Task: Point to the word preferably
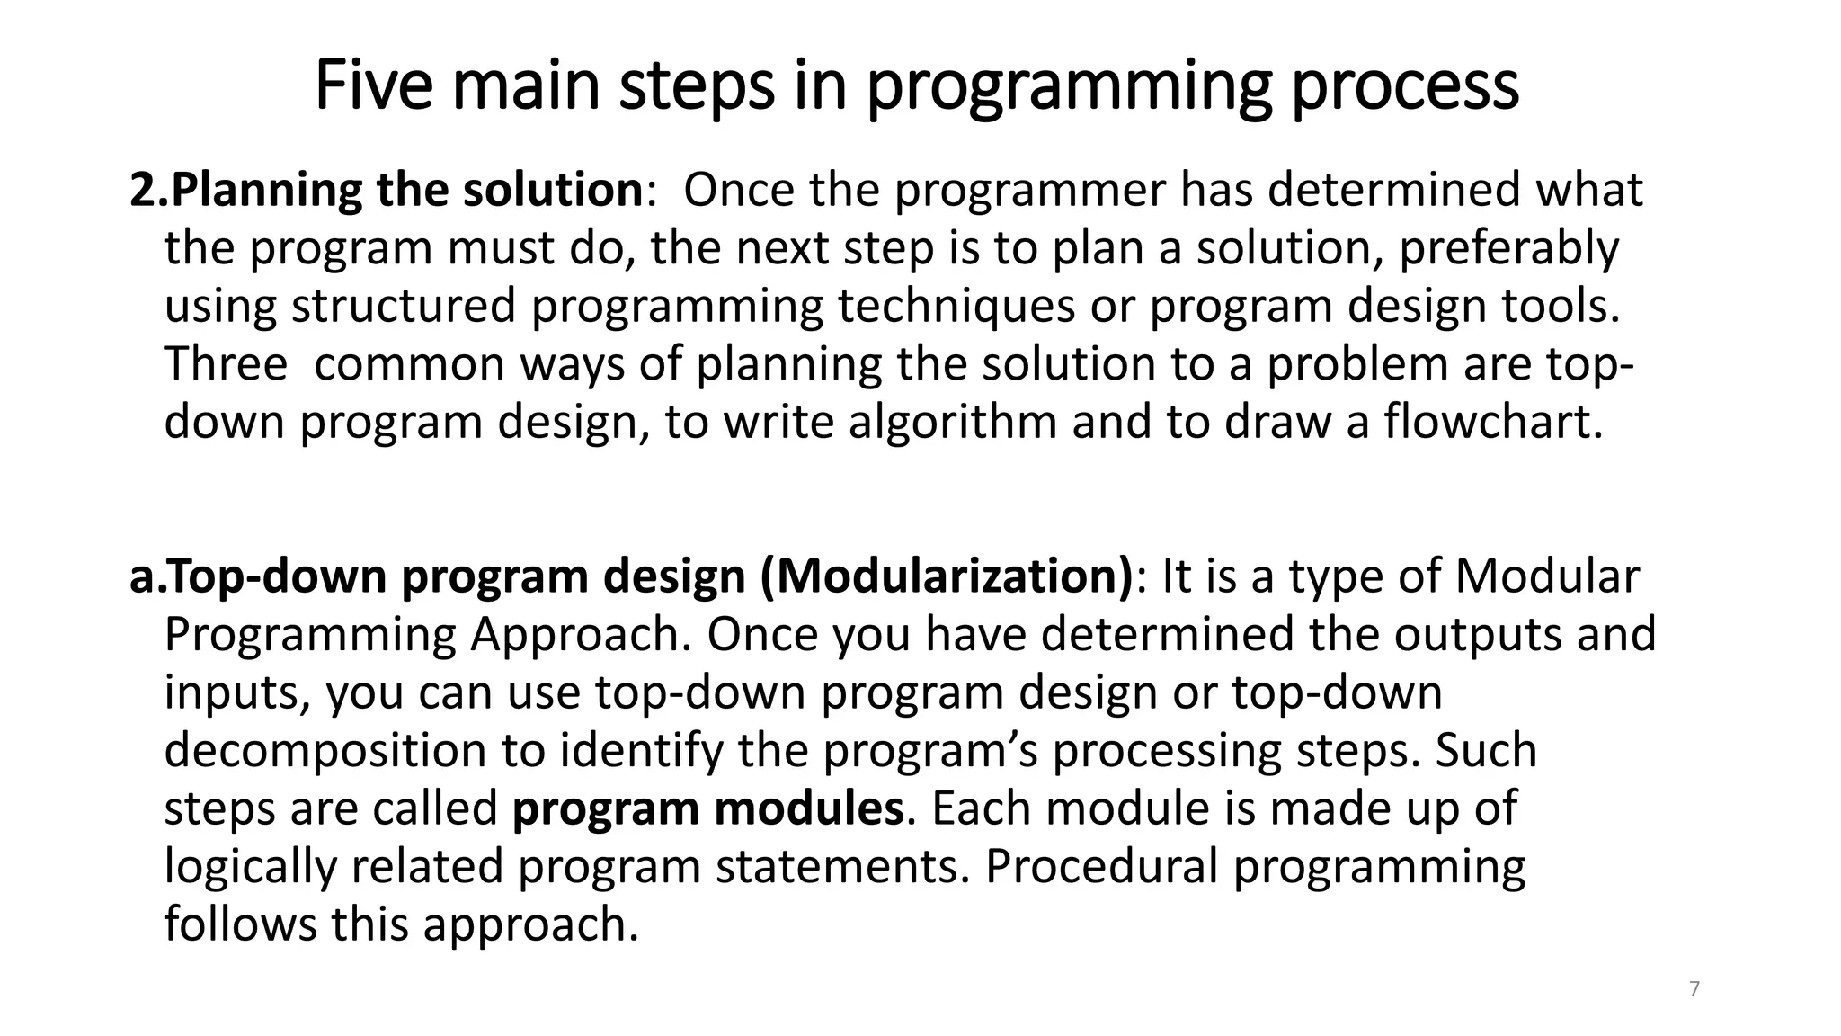(1509, 249)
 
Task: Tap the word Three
(226, 364)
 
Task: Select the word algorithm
(953, 423)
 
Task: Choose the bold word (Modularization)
(947, 576)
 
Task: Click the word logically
(250, 867)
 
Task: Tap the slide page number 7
(1694, 989)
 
